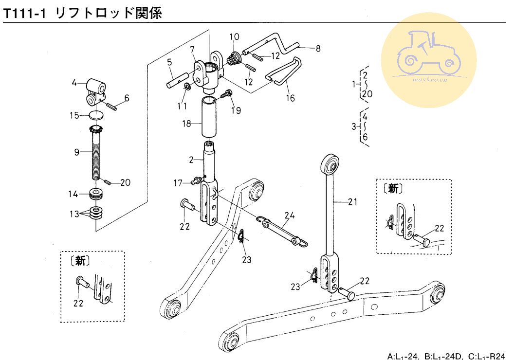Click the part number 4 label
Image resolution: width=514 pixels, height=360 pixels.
point(74,83)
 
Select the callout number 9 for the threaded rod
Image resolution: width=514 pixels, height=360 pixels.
point(76,152)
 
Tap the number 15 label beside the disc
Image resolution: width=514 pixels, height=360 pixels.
point(74,116)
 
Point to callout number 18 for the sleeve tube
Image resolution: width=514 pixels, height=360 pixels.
point(186,124)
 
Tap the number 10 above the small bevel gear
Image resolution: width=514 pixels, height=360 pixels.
point(234,36)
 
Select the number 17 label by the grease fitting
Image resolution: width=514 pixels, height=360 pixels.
point(179,183)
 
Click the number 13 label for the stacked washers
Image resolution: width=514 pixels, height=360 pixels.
point(75,214)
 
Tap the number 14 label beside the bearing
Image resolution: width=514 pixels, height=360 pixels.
point(73,195)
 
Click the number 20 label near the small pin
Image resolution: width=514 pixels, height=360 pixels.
point(125,183)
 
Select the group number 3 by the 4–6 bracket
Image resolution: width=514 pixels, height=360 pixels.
point(354,127)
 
